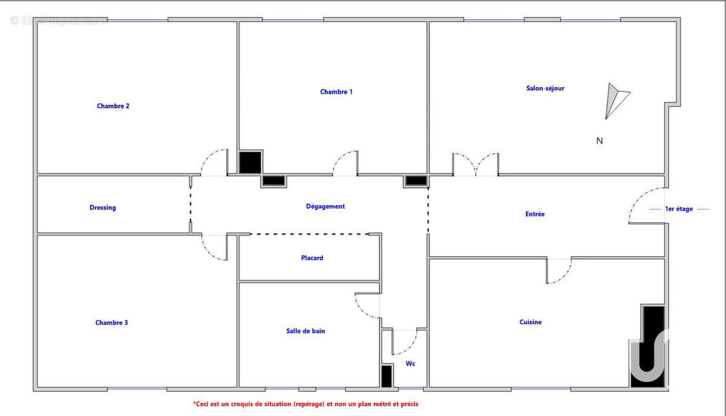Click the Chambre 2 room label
(113, 106)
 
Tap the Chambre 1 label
(336, 92)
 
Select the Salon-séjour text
(545, 88)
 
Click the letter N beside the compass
(600, 141)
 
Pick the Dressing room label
(103, 207)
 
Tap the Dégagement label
(325, 206)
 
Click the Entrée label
(535, 214)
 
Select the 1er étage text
(679, 209)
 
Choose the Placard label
(312, 258)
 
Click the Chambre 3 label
(111, 322)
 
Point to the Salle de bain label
(306, 331)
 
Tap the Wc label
(410, 363)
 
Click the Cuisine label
(530, 322)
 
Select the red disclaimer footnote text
(306, 404)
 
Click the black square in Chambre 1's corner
(250, 162)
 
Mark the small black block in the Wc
(387, 376)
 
